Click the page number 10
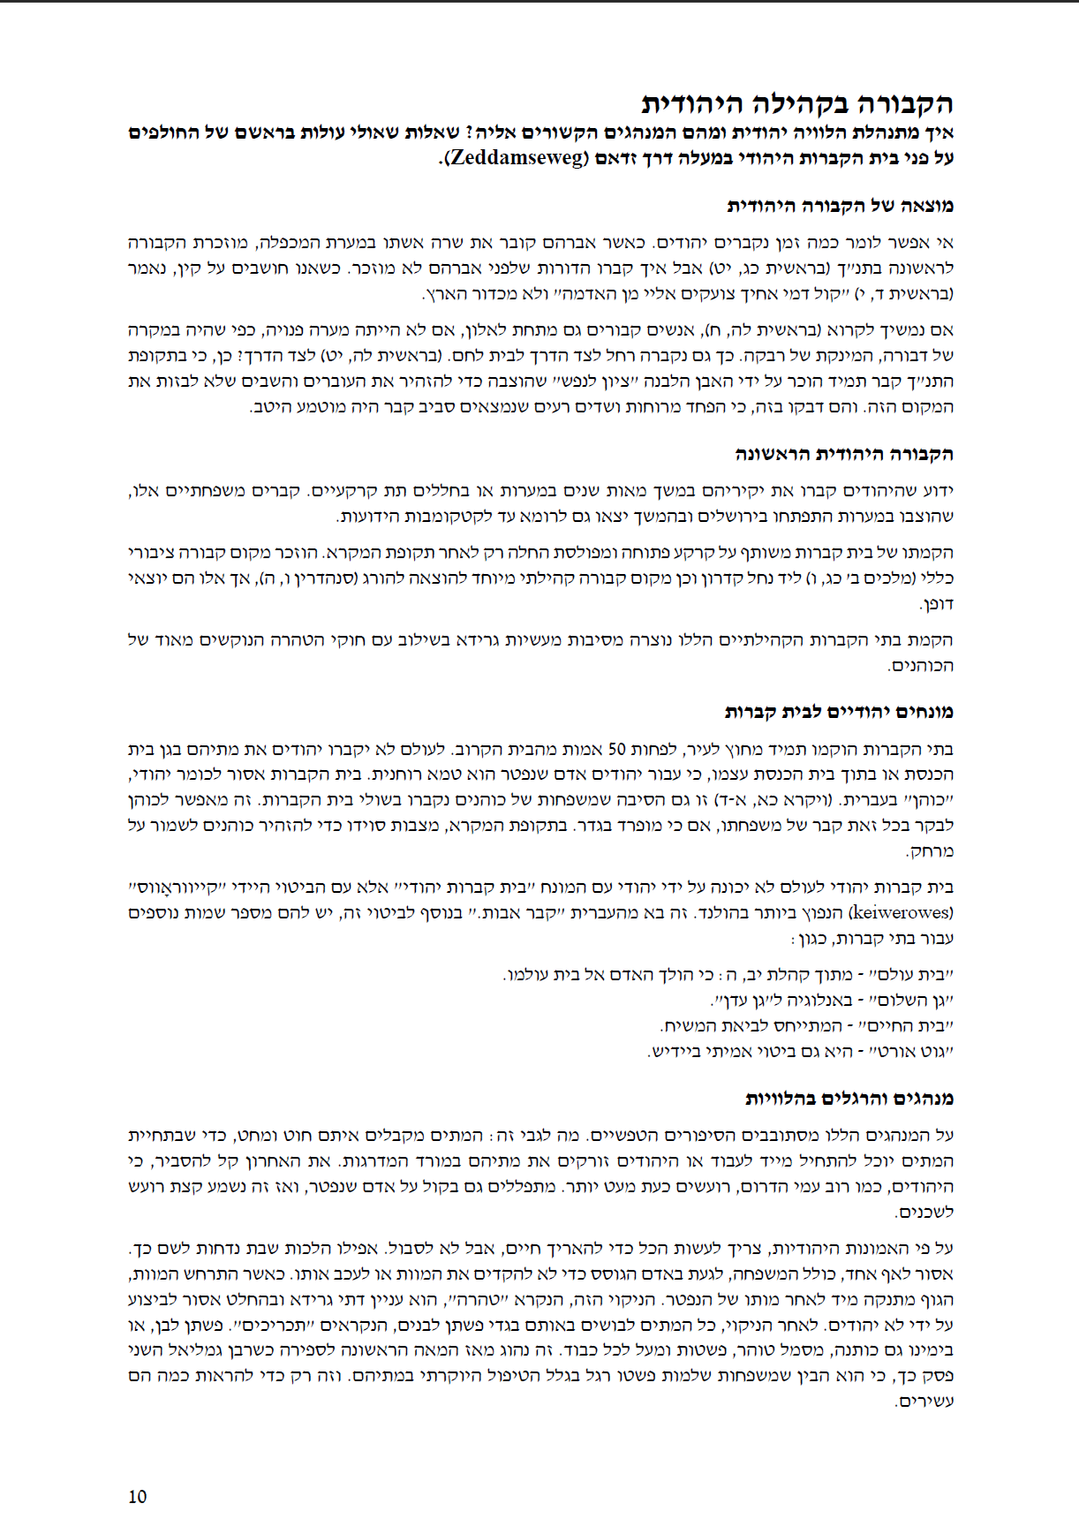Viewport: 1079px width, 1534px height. (138, 1496)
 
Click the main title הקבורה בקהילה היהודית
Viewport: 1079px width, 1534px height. (797, 103)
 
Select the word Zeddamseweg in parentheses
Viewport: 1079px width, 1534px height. (517, 159)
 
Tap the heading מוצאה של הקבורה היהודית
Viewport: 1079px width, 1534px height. (840, 206)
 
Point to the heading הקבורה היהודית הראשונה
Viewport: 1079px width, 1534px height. (844, 454)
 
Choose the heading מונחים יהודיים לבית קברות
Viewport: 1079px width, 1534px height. (839, 712)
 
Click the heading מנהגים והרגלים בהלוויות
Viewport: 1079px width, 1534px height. (849, 1099)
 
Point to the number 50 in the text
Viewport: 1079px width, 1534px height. (616, 749)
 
